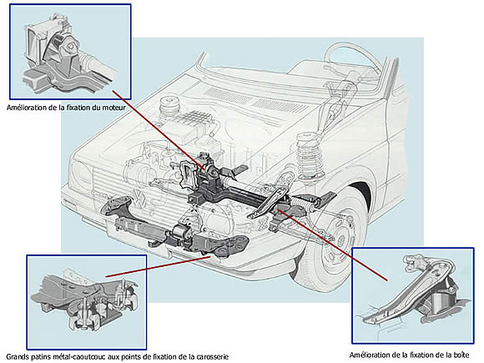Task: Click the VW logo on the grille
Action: click(140, 199)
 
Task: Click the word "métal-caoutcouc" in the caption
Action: click(71, 357)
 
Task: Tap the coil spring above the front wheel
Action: click(310, 156)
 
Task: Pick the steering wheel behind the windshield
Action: click(355, 59)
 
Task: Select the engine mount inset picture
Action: click(70, 51)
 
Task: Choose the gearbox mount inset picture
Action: click(413, 295)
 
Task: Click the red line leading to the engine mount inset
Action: click(159, 130)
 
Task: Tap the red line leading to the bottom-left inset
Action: click(159, 266)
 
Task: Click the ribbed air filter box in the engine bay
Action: click(195, 124)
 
